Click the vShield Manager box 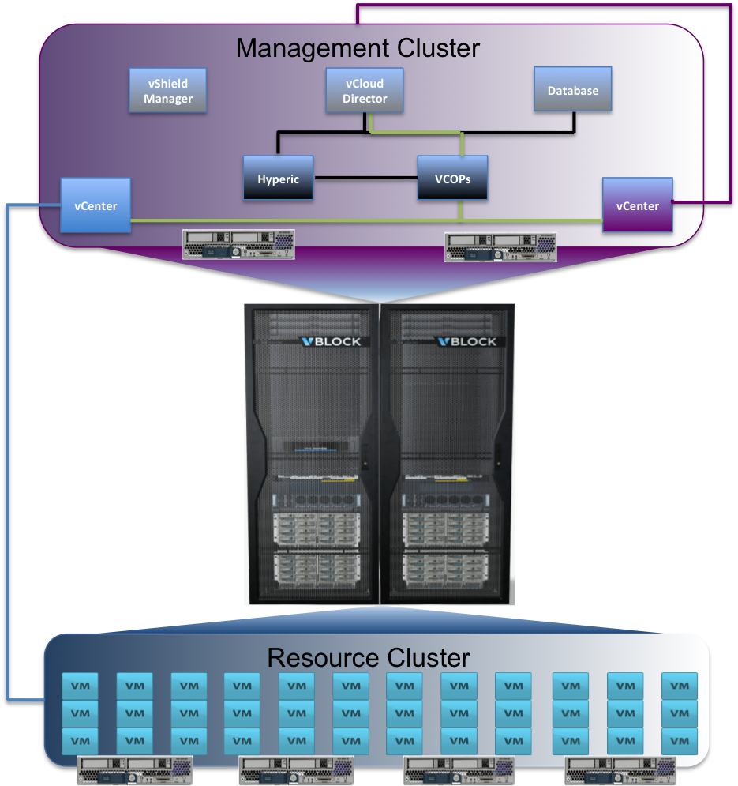point(168,91)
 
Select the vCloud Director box point(365,91)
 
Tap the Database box point(573,89)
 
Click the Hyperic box point(278,179)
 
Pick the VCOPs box point(452,179)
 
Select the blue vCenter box point(96,206)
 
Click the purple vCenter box point(637,205)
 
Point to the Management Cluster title point(358,48)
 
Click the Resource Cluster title point(369,657)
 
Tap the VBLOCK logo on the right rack point(466,341)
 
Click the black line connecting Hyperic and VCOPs point(365,179)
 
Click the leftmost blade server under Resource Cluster point(134,769)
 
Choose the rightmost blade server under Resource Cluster point(623,769)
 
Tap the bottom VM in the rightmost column point(679,741)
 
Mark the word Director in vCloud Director point(365,99)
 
